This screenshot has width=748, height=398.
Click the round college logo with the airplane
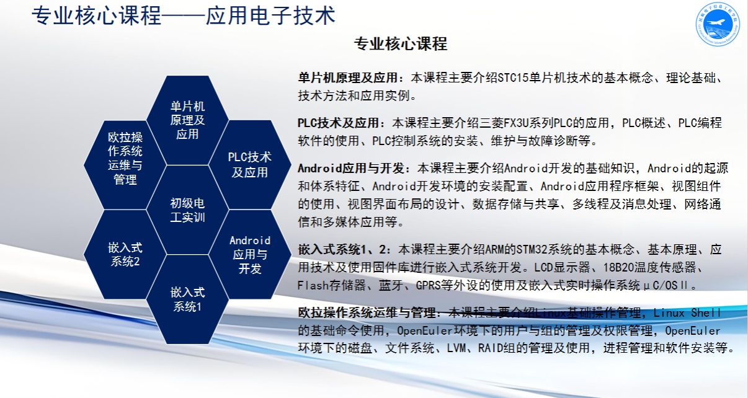coord(718,24)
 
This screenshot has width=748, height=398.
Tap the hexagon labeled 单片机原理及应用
coord(187,120)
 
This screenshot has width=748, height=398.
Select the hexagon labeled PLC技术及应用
coord(250,165)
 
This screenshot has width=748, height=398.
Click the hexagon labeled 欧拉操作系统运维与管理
coord(125,165)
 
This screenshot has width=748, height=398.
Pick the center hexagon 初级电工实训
coord(187,210)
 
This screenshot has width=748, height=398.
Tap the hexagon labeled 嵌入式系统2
coord(125,254)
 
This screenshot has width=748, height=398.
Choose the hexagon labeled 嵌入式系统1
coord(187,299)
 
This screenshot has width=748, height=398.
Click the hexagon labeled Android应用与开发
coord(250,254)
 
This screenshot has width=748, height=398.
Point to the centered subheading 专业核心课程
coord(401,44)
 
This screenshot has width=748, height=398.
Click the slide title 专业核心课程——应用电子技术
coord(184,15)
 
